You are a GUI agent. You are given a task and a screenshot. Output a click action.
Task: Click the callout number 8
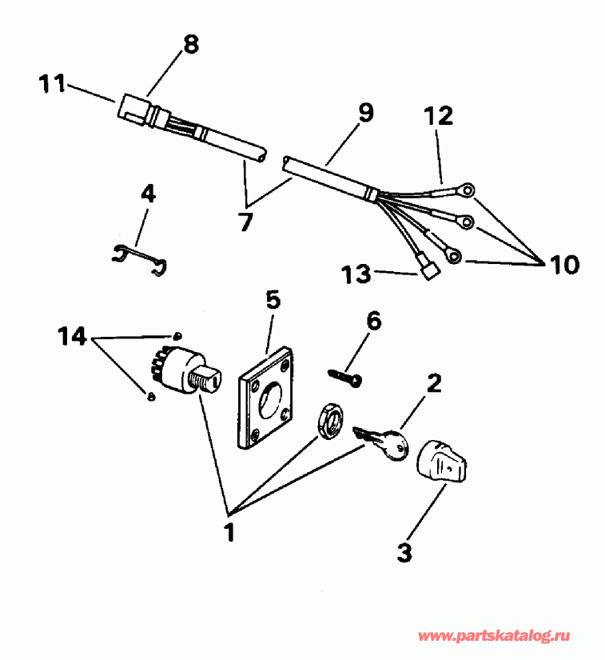coord(190,45)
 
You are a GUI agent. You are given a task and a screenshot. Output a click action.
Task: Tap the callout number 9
coord(364,113)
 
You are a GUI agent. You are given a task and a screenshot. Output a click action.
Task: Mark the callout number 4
coord(148,194)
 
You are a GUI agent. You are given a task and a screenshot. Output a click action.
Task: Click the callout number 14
coord(72,337)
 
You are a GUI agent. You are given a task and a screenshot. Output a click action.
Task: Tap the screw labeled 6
coord(345,374)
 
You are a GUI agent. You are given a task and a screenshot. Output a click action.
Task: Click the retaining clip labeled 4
coord(137,258)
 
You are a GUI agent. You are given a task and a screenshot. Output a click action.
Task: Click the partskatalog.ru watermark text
coord(493,636)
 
